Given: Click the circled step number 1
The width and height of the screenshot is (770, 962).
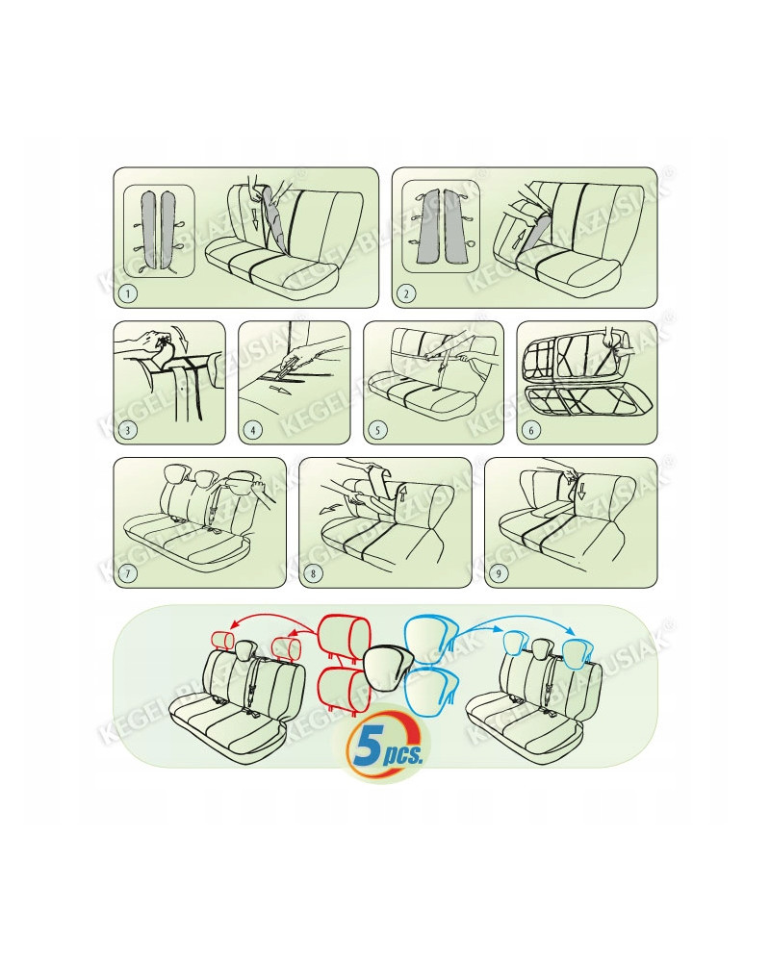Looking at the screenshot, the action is point(128,293).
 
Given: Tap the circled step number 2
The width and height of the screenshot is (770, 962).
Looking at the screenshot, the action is point(405,293).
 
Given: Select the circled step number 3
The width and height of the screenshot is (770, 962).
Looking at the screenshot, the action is point(128,430).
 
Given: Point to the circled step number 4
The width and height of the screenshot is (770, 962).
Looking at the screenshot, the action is point(253,430).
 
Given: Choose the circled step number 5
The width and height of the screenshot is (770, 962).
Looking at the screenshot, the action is point(377,430).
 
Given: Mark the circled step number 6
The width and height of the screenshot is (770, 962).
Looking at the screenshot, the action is point(531,430).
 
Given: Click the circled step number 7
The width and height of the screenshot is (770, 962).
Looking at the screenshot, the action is point(128,574).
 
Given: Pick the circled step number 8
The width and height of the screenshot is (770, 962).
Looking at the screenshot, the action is point(313,574).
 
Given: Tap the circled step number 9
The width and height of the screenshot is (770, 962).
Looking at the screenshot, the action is point(499,574).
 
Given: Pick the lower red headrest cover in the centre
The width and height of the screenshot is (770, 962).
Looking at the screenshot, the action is point(338,690).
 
